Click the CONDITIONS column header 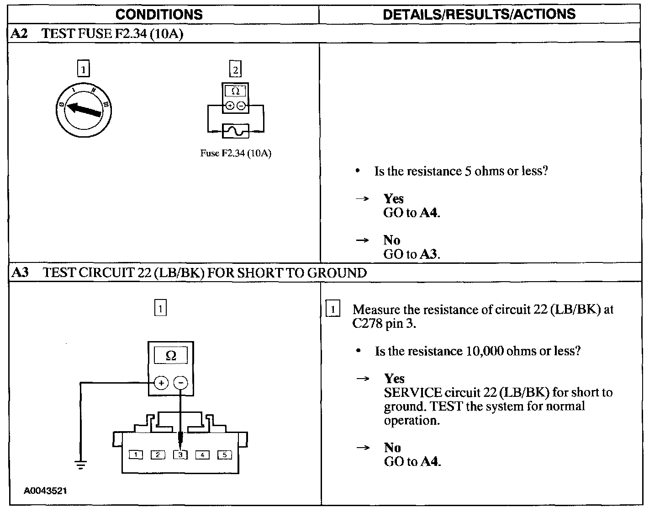click(x=159, y=14)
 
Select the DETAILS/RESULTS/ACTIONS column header click(x=479, y=14)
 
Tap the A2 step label click(x=20, y=34)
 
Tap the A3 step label click(x=20, y=273)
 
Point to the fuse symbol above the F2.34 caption click(x=235, y=131)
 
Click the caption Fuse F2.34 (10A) click(x=236, y=153)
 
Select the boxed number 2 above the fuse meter click(x=235, y=69)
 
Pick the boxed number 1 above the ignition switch click(x=83, y=69)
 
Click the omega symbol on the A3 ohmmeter click(x=171, y=356)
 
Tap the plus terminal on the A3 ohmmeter click(x=161, y=383)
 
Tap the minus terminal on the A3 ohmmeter click(x=181, y=383)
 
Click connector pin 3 click(x=180, y=454)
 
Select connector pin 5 click(x=224, y=454)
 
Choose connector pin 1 click(x=136, y=454)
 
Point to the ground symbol click(x=81, y=465)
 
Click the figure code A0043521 click(x=46, y=491)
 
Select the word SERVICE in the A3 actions click(x=413, y=393)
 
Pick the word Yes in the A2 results click(x=394, y=199)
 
